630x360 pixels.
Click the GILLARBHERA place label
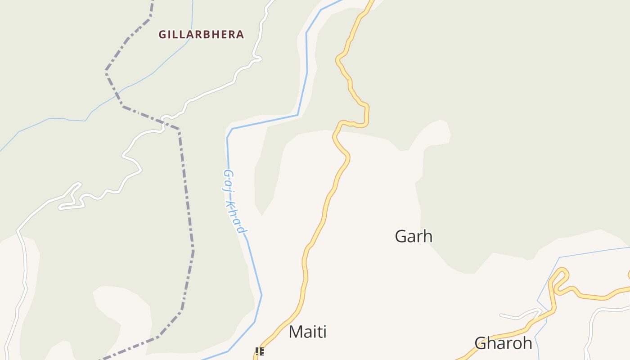[201, 34]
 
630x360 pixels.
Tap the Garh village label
[414, 236]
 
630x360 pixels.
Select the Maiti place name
[307, 332]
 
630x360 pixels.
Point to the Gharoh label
[503, 343]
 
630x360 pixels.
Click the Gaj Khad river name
[235, 201]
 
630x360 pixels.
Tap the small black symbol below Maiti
[259, 351]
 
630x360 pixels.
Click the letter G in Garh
[401, 236]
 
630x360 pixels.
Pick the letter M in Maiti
[296, 332]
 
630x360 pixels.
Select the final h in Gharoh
[527, 343]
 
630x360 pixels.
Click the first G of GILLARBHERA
[162, 34]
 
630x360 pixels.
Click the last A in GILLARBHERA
[240, 34]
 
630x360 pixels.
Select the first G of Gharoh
[481, 343]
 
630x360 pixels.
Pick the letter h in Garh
[428, 236]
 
